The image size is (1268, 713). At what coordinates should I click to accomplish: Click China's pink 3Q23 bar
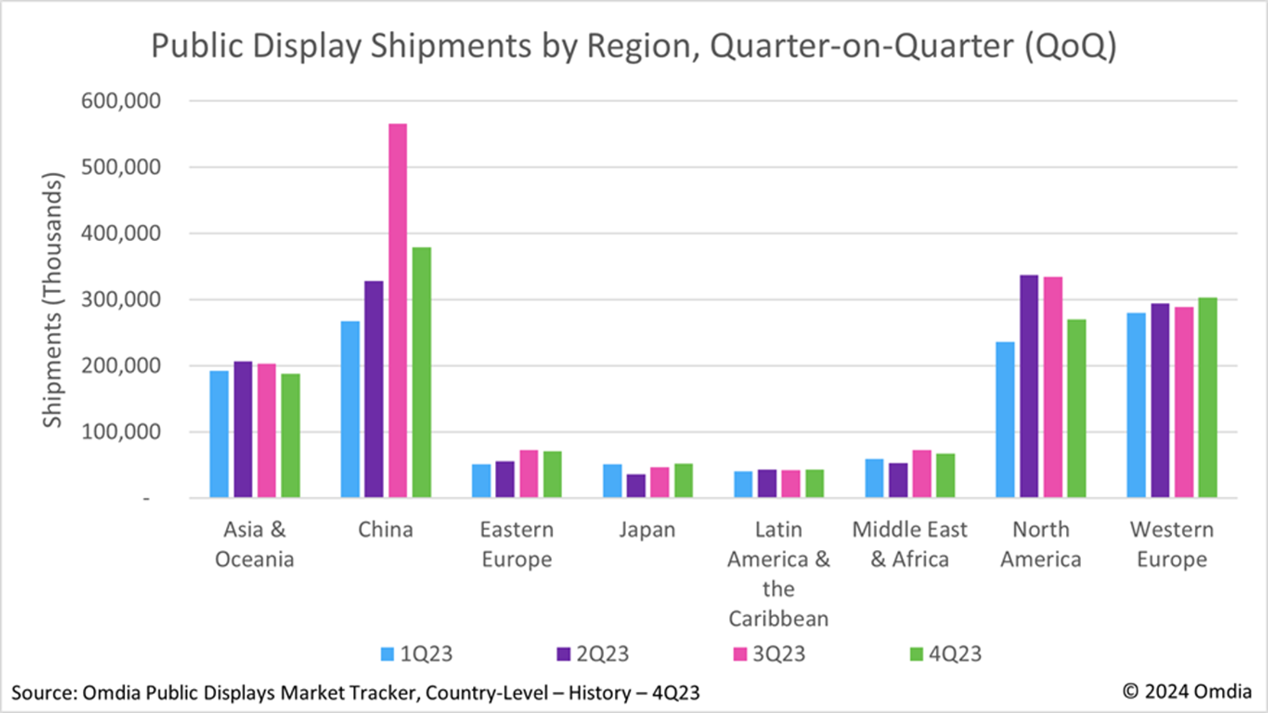pos(398,310)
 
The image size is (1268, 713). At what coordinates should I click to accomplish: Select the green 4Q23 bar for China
pos(421,372)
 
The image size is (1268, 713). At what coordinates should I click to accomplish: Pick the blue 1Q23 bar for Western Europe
pos(1136,405)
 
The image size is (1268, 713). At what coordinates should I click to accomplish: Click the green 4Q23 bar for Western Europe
pos(1207,397)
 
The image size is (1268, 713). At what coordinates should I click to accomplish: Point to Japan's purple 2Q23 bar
pos(636,486)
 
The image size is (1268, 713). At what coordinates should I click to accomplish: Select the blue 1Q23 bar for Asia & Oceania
pos(219,434)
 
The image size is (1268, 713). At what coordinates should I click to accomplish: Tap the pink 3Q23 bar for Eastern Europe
pos(528,474)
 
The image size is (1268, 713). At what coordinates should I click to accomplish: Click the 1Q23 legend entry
pos(417,654)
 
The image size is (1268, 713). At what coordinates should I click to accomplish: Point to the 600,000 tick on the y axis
pos(121,101)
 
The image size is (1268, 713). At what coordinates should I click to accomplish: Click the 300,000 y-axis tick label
pos(121,300)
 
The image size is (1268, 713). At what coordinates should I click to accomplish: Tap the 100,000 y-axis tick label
pos(121,432)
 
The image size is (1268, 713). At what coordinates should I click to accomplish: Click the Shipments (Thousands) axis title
pos(52,300)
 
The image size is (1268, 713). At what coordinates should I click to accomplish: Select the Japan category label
pos(647,530)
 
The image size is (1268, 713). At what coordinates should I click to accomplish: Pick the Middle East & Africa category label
pos(909,544)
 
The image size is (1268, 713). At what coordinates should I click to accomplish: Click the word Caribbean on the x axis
pos(778,619)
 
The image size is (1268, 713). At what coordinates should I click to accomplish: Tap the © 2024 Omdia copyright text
pos(1186,692)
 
